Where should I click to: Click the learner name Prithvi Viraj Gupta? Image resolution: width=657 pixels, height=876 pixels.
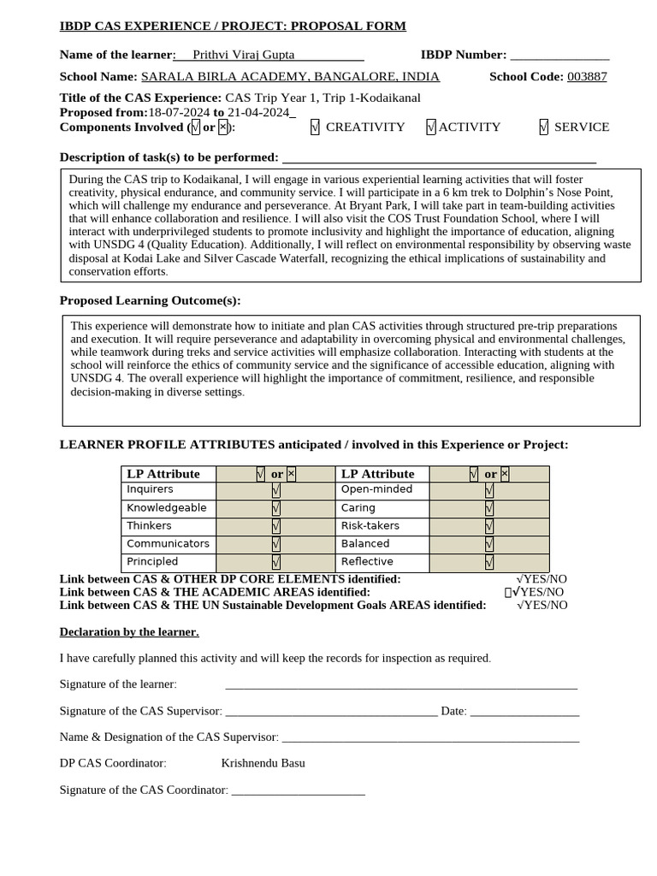244,55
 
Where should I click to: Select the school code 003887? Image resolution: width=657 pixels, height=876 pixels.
587,77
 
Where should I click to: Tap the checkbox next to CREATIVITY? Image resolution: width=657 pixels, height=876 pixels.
316,127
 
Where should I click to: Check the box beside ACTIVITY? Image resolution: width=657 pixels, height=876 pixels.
431,127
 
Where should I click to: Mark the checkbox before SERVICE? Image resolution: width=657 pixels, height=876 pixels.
543,127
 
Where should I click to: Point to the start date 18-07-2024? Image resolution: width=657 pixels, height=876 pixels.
179,112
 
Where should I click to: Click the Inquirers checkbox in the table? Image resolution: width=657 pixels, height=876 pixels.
275,490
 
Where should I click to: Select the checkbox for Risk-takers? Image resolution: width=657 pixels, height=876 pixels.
489,526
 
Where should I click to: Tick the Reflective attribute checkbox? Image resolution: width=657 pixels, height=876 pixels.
489,562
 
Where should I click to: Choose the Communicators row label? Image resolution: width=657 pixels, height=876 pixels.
168,544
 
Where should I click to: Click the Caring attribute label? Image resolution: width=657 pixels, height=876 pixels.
358,508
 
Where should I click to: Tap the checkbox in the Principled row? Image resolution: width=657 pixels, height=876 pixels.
275,562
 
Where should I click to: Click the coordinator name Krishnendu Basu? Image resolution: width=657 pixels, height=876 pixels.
263,763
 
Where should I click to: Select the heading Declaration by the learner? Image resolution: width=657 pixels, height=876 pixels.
129,632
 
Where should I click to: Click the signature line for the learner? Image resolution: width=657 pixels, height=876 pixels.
400,684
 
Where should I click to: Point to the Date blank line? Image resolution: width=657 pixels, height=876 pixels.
524,711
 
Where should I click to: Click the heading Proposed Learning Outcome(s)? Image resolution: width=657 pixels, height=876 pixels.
150,300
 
